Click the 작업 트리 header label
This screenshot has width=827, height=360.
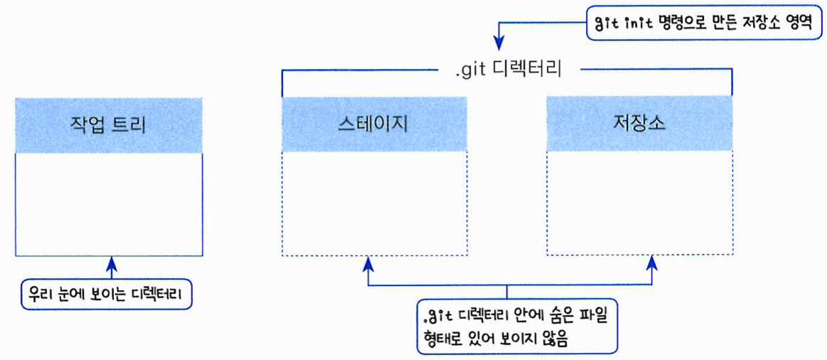pos(108,125)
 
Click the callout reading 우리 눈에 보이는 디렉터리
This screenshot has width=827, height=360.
pos(107,295)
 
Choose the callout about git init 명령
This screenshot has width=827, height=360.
pos(703,23)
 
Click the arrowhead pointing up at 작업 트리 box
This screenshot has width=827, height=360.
pos(111,265)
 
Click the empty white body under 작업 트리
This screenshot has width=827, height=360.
pos(108,204)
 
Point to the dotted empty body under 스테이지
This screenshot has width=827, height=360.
pos(374,204)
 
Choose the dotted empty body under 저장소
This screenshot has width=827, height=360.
pos(639,204)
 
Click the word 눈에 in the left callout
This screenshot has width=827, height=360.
pos(78,295)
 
